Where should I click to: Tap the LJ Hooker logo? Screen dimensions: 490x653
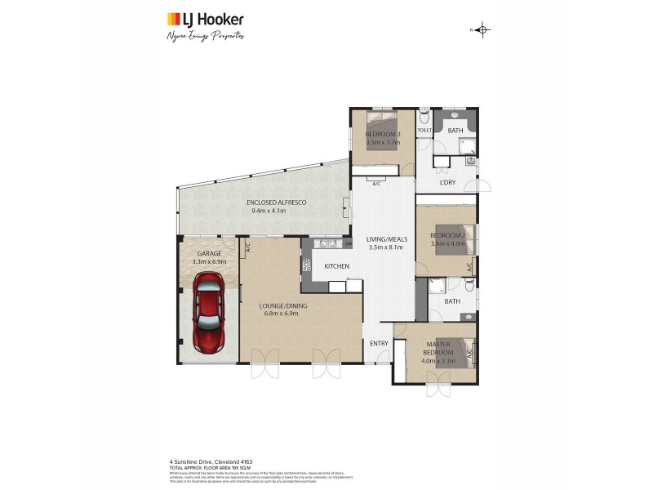point(205,19)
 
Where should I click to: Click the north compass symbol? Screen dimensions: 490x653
point(483,30)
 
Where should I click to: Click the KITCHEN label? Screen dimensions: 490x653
point(336,267)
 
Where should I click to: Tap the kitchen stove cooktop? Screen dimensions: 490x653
point(307,265)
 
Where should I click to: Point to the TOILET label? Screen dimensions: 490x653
point(424,130)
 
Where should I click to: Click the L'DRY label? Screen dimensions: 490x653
point(446,182)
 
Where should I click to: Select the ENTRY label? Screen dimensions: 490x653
point(379,343)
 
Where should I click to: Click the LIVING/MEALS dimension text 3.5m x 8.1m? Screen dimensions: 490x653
point(386,247)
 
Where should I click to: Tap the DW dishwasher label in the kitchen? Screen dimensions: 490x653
point(348,243)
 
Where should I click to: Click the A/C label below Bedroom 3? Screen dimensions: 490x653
point(376,184)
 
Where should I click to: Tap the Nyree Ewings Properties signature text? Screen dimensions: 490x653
point(205,36)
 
